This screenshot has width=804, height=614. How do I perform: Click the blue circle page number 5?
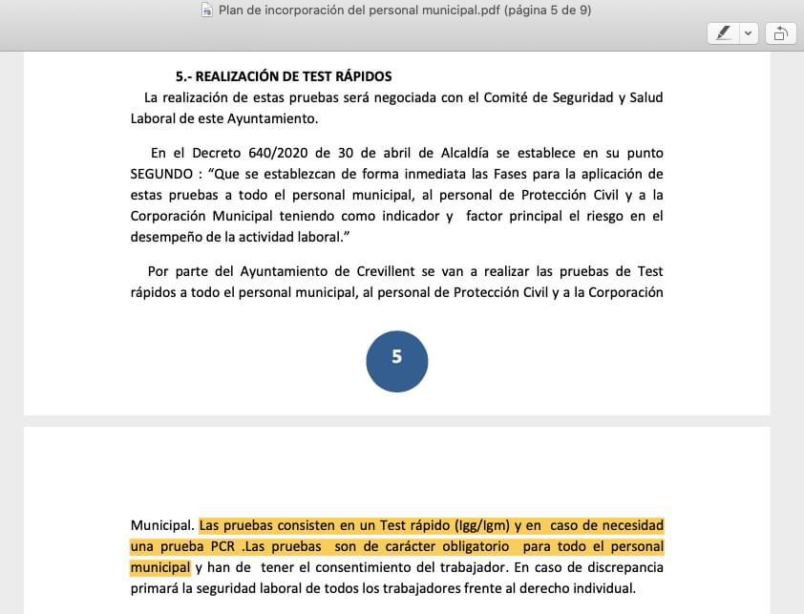[x=397, y=360]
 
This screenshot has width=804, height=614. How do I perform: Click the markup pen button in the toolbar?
[x=724, y=33]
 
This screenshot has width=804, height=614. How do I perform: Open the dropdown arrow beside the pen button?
[x=748, y=33]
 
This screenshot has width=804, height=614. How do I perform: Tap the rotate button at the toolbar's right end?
[x=779, y=33]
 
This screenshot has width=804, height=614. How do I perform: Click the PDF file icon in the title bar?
[x=207, y=11]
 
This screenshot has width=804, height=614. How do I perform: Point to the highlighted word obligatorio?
[x=466, y=546]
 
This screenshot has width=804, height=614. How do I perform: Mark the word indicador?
[x=408, y=216]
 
